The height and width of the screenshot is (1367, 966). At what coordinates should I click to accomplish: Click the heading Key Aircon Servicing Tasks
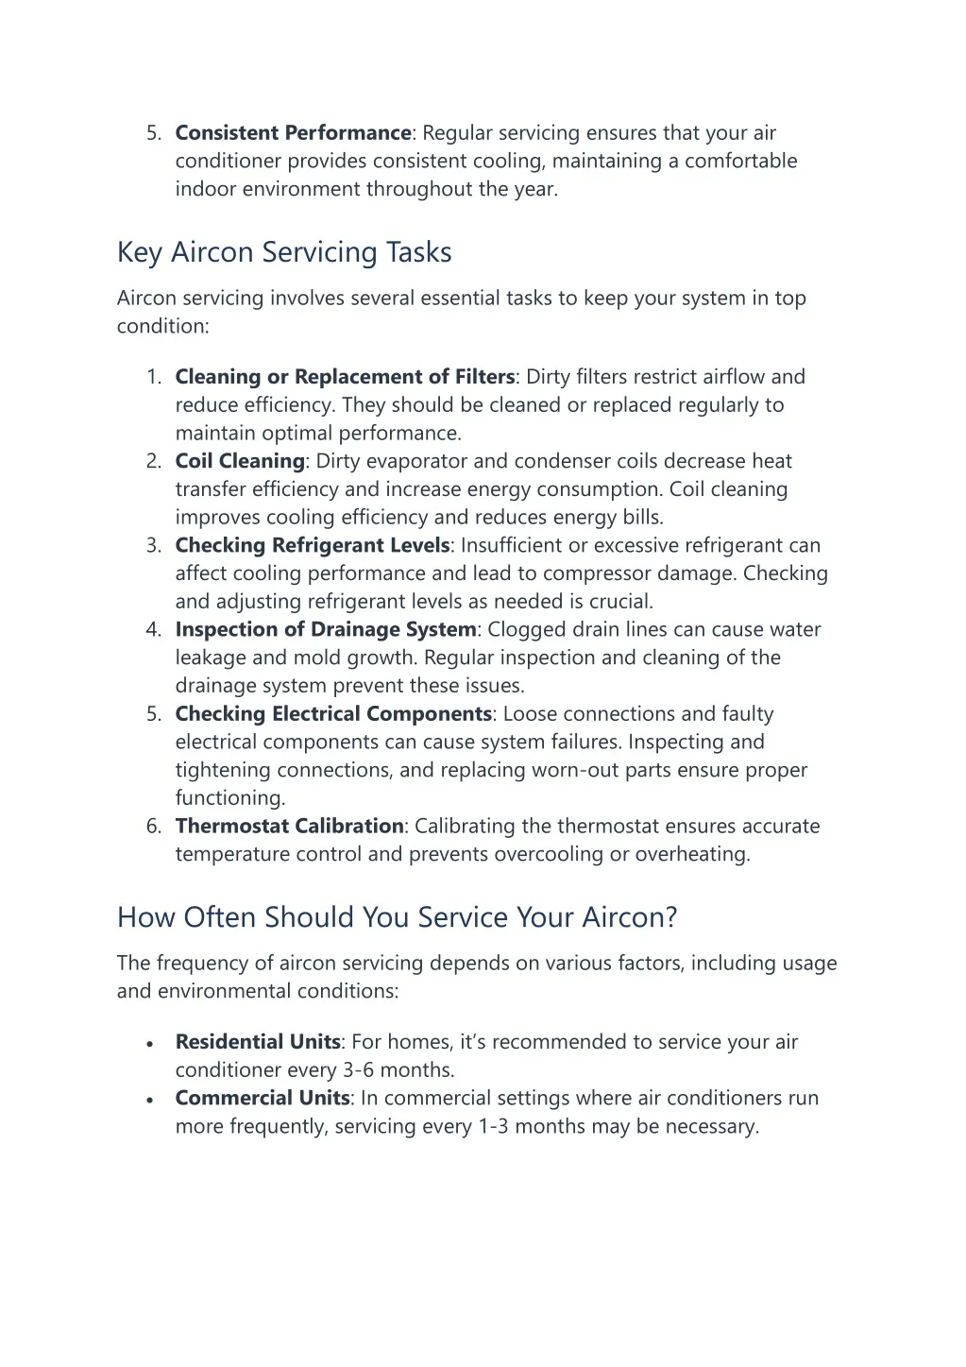tap(284, 252)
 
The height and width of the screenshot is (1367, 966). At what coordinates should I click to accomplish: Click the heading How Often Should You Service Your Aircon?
tap(397, 917)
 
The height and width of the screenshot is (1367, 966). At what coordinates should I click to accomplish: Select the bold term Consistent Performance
tap(293, 133)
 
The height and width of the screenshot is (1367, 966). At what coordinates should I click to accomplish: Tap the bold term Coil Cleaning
tap(240, 461)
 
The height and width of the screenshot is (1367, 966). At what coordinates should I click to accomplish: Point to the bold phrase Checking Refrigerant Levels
tap(313, 545)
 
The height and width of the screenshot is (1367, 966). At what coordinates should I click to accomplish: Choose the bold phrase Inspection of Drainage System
tap(326, 629)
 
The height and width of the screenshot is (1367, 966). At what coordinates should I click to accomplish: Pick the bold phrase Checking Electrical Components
tap(333, 714)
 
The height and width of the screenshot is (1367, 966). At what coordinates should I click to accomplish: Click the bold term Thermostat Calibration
tap(289, 826)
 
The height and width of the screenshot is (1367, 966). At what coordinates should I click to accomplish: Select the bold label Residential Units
tap(258, 1042)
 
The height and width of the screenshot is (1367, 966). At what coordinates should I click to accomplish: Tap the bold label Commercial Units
tap(263, 1099)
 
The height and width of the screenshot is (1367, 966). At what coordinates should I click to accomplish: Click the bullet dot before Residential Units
tap(150, 1044)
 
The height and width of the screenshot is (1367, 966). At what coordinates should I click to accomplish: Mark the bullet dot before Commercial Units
tap(150, 1101)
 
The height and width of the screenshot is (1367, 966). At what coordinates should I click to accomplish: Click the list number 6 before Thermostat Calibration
tap(153, 827)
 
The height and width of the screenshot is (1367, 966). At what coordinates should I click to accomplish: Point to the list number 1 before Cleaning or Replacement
tap(153, 377)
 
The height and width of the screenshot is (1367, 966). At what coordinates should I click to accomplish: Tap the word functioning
tap(229, 798)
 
